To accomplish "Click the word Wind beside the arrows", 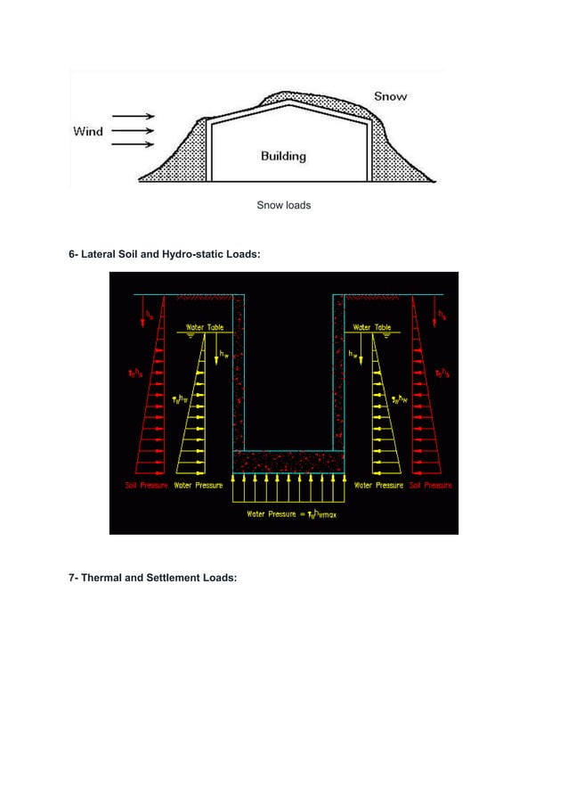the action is click(88, 132).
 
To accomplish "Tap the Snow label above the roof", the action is click(391, 96).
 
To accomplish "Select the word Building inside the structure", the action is click(283, 156).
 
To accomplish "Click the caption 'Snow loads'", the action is click(284, 206).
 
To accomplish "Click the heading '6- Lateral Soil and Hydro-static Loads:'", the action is click(165, 255).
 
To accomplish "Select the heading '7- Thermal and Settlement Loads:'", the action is click(153, 578).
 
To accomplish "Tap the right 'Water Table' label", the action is click(371, 328).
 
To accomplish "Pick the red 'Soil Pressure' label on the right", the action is click(430, 486).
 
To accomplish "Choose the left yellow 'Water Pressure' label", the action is click(198, 486).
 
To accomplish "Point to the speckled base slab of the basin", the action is click(288, 461).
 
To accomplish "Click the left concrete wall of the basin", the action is click(238, 374).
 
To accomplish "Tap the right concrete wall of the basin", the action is click(338, 374).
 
